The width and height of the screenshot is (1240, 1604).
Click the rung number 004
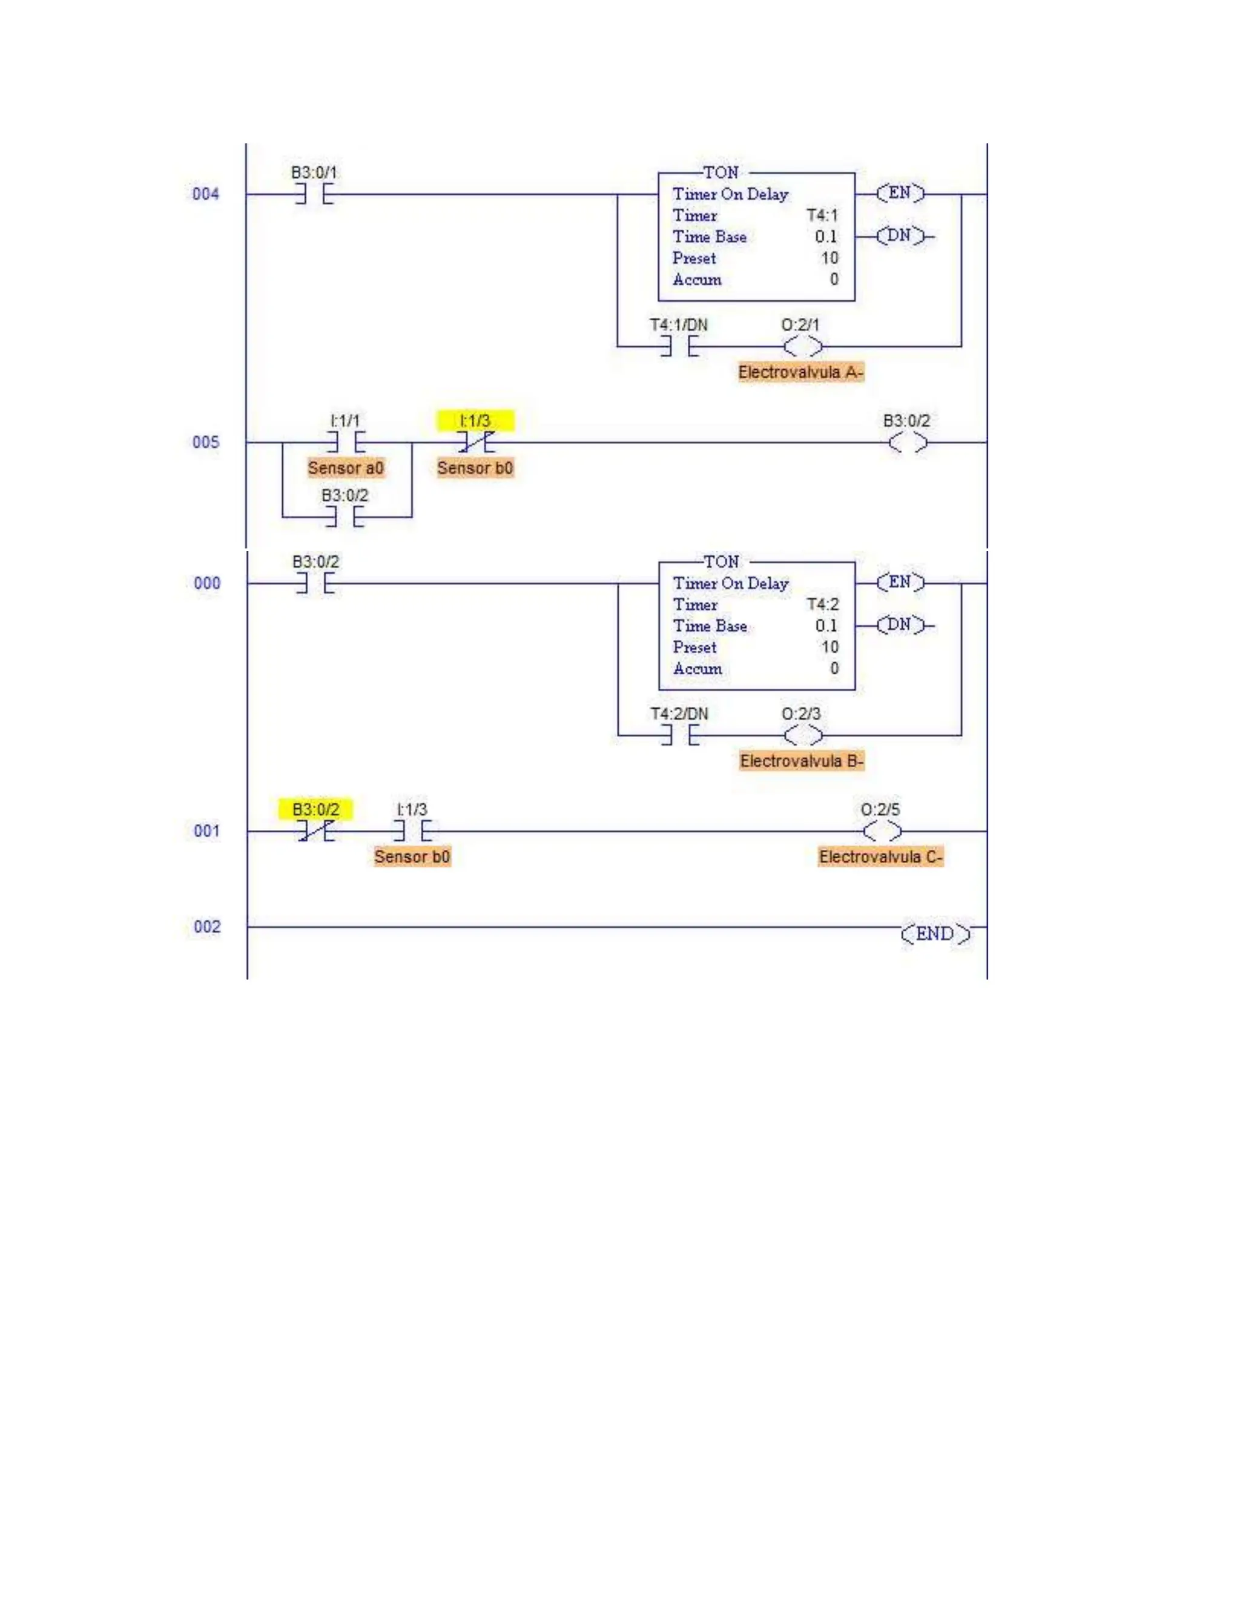pos(206,194)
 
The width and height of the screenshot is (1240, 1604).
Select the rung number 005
pos(206,442)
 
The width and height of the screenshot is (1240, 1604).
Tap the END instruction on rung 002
pos(935,933)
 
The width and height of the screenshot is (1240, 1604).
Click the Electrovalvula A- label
pos(800,372)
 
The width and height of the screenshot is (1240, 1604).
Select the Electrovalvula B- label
pos(802,761)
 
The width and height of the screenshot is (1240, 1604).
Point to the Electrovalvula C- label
pos(880,857)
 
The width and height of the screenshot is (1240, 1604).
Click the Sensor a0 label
pos(345,468)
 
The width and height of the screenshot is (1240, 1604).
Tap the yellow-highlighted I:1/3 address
pos(475,421)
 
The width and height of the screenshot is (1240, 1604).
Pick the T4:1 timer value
pos(822,215)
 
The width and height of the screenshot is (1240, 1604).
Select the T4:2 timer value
pos(823,605)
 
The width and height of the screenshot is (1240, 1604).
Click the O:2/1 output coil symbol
pos(802,347)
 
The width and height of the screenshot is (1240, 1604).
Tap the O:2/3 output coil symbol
pos(803,735)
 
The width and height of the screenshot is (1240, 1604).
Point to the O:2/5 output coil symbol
pos(882,832)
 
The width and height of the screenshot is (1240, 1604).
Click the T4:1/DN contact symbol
pos(679,347)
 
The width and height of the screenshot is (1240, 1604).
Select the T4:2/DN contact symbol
pos(679,735)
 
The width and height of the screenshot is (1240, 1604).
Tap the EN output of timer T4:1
pos(900,193)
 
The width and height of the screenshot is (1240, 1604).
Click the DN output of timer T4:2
pos(900,625)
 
